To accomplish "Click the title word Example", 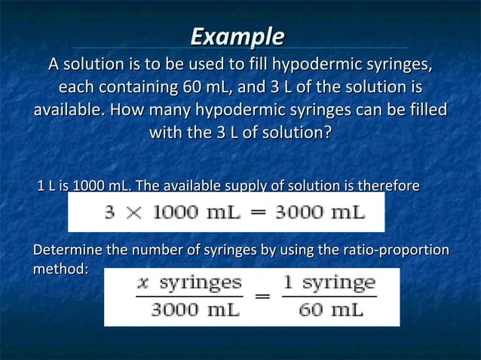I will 237,37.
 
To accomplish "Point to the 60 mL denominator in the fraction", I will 329,309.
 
